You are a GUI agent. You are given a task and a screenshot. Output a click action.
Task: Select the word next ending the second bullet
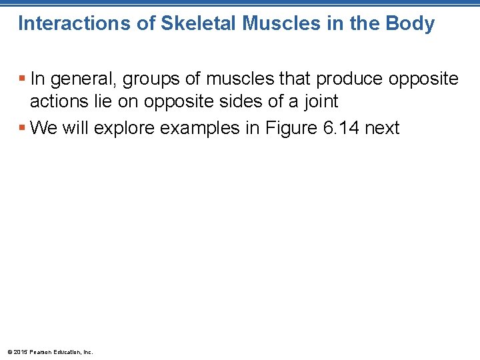(383, 127)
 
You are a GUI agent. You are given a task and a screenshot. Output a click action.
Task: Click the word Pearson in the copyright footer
(41, 352)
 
